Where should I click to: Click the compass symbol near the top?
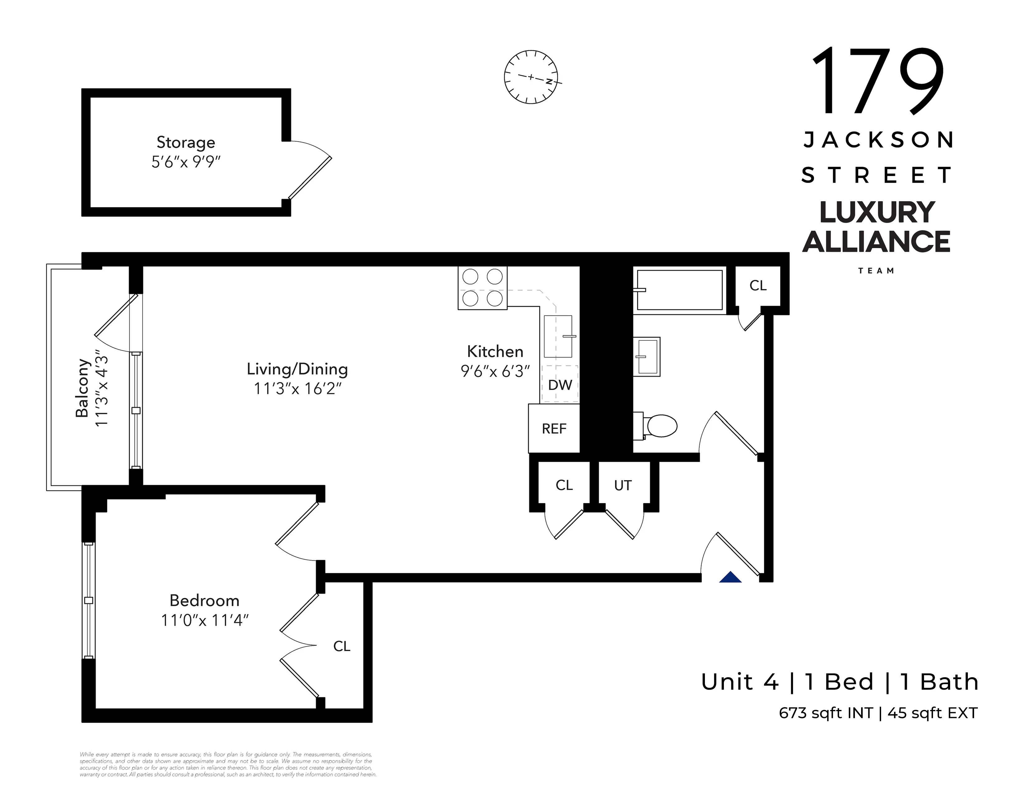click(x=531, y=77)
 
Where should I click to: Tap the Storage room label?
click(x=186, y=142)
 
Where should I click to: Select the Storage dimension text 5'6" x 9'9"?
click(x=186, y=162)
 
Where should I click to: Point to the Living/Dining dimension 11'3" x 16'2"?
click(x=297, y=389)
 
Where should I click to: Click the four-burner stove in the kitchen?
click(x=482, y=288)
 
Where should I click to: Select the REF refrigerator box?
click(x=554, y=428)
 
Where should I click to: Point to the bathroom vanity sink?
click(x=647, y=357)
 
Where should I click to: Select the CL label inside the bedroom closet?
click(x=342, y=646)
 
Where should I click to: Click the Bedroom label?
click(x=204, y=601)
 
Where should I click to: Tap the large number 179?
click(x=878, y=81)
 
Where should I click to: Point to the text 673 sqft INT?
click(x=826, y=713)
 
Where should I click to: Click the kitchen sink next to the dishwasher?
click(x=558, y=336)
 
